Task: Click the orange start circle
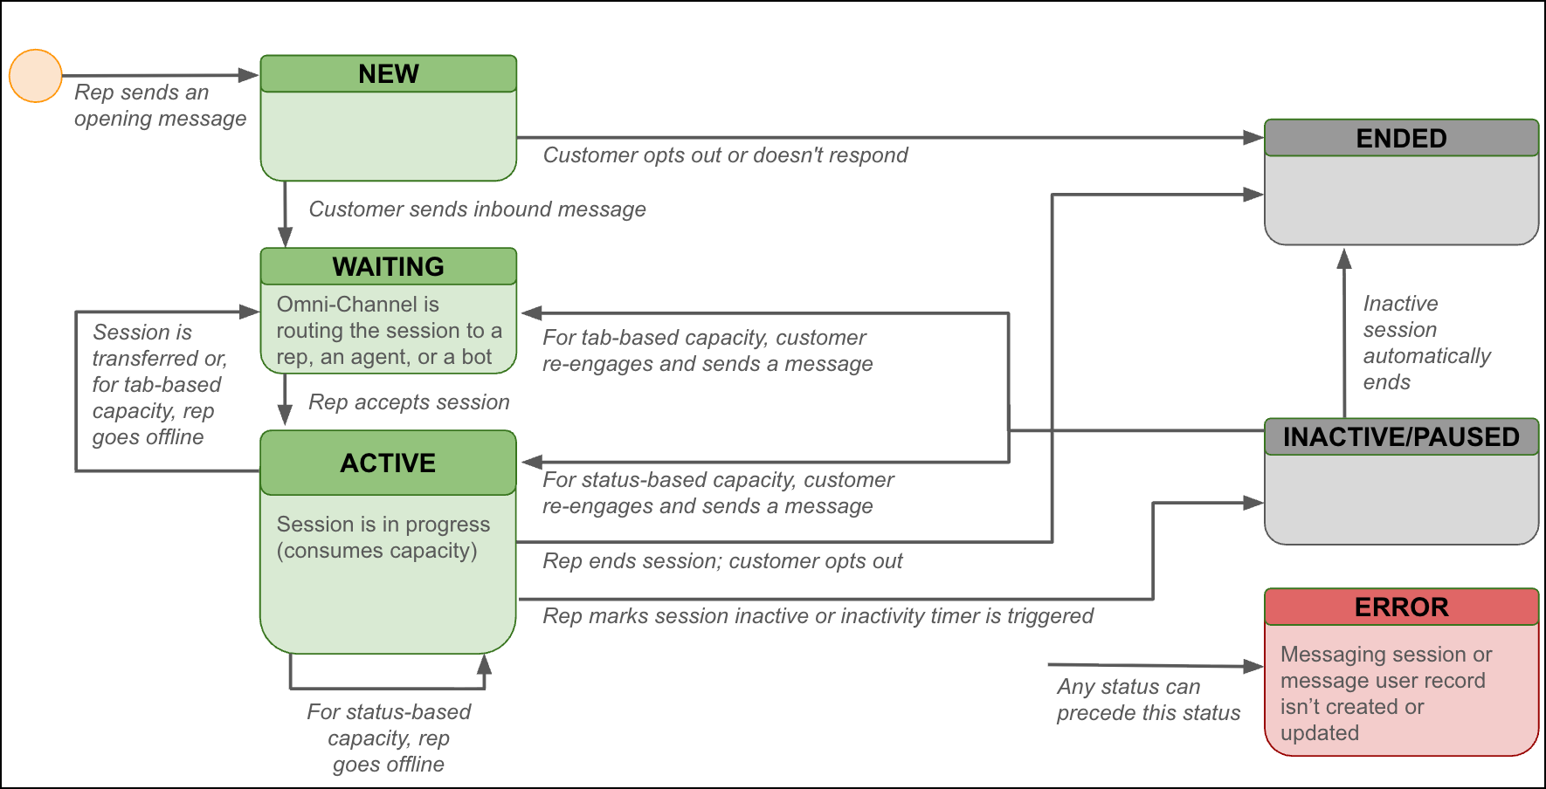click(x=36, y=76)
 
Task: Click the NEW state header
click(x=389, y=74)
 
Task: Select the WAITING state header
click(x=389, y=266)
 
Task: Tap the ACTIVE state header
click(x=389, y=463)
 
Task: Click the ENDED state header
click(x=1401, y=138)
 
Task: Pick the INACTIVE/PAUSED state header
click(x=1401, y=436)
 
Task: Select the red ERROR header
click(x=1401, y=607)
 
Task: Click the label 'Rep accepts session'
click(x=409, y=402)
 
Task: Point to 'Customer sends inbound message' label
click(x=477, y=209)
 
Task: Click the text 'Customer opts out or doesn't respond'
click(x=725, y=155)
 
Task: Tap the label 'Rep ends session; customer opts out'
click(x=722, y=561)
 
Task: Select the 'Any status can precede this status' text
click(x=1148, y=700)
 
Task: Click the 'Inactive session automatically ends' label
click(x=1425, y=342)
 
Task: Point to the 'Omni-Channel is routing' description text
click(x=389, y=331)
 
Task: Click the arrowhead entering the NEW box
click(x=250, y=75)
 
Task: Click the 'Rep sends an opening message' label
click(x=160, y=106)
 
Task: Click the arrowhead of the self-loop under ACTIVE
click(x=484, y=665)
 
